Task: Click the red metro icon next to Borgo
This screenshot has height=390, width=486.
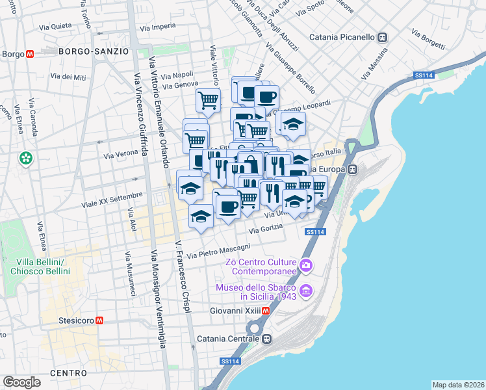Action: click(31, 55)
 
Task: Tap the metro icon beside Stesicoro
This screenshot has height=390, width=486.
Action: click(100, 320)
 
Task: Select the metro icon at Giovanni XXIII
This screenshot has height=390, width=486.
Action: click(266, 311)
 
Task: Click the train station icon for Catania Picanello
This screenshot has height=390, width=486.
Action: click(383, 37)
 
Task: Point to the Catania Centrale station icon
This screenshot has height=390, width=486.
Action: click(267, 339)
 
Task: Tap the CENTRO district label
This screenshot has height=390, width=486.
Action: click(68, 373)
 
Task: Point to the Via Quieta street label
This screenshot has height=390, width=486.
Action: click(56, 27)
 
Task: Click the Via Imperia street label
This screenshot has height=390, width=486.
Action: click(158, 26)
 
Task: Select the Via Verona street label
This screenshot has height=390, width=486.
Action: click(121, 156)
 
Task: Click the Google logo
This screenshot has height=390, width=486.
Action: click(21, 382)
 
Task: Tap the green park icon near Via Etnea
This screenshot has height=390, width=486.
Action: click(25, 158)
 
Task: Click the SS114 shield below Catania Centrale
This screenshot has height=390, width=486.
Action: click(228, 361)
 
